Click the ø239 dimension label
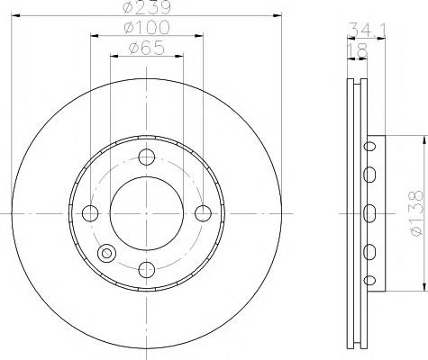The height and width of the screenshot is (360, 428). (x=147, y=7)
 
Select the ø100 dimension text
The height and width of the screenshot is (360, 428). (x=147, y=27)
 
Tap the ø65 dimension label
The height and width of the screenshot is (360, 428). (x=147, y=48)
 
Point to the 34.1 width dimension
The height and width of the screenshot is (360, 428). (x=367, y=30)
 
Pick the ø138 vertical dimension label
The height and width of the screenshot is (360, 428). (x=416, y=213)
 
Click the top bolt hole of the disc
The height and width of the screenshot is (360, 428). (x=147, y=157)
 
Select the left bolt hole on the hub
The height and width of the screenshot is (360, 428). (x=90, y=213)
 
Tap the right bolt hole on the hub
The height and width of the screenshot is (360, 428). (x=204, y=213)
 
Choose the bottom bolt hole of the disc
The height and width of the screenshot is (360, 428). (x=147, y=270)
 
